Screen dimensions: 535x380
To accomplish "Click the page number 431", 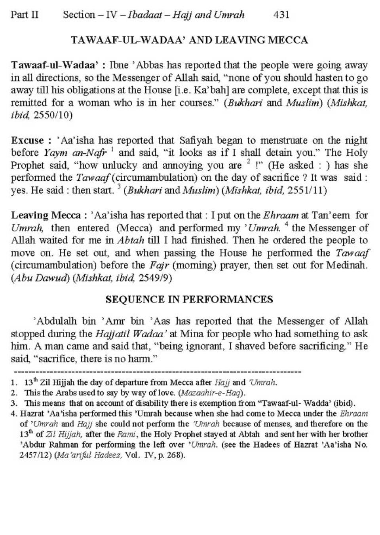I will point(281,15).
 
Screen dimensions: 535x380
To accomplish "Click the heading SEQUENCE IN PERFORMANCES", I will point(189,299).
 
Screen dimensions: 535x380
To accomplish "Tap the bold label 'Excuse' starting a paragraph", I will point(27,140).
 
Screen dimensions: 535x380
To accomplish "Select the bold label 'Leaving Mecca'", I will point(46,216).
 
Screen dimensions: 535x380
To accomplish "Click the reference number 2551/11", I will point(308,190).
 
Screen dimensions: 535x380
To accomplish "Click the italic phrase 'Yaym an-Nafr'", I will point(75,153).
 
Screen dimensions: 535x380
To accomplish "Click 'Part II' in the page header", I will point(25,15).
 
